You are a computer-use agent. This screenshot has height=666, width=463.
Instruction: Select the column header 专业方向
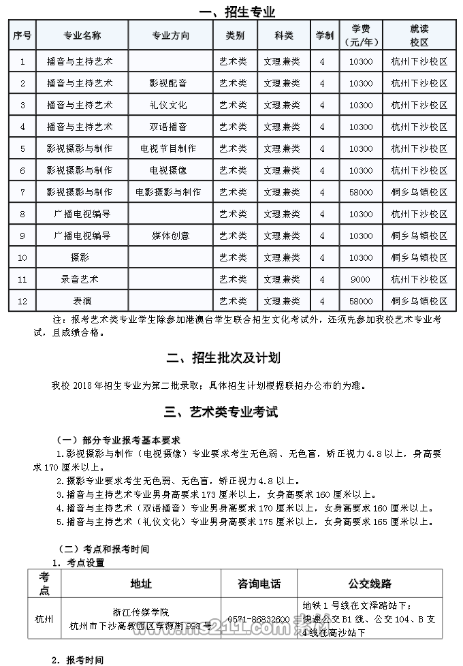(170, 35)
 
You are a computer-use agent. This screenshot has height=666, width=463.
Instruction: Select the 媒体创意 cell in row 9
(170, 236)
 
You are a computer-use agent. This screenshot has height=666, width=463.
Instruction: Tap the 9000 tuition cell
(360, 279)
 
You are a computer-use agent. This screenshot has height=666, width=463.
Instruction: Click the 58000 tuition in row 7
(360, 192)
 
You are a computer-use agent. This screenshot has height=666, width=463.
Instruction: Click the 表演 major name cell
(81, 301)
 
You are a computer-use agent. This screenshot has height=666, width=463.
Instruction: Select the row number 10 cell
(22, 257)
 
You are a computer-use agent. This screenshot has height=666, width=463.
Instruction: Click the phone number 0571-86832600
(258, 619)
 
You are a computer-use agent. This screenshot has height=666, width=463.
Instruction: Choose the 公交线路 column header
(370, 584)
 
